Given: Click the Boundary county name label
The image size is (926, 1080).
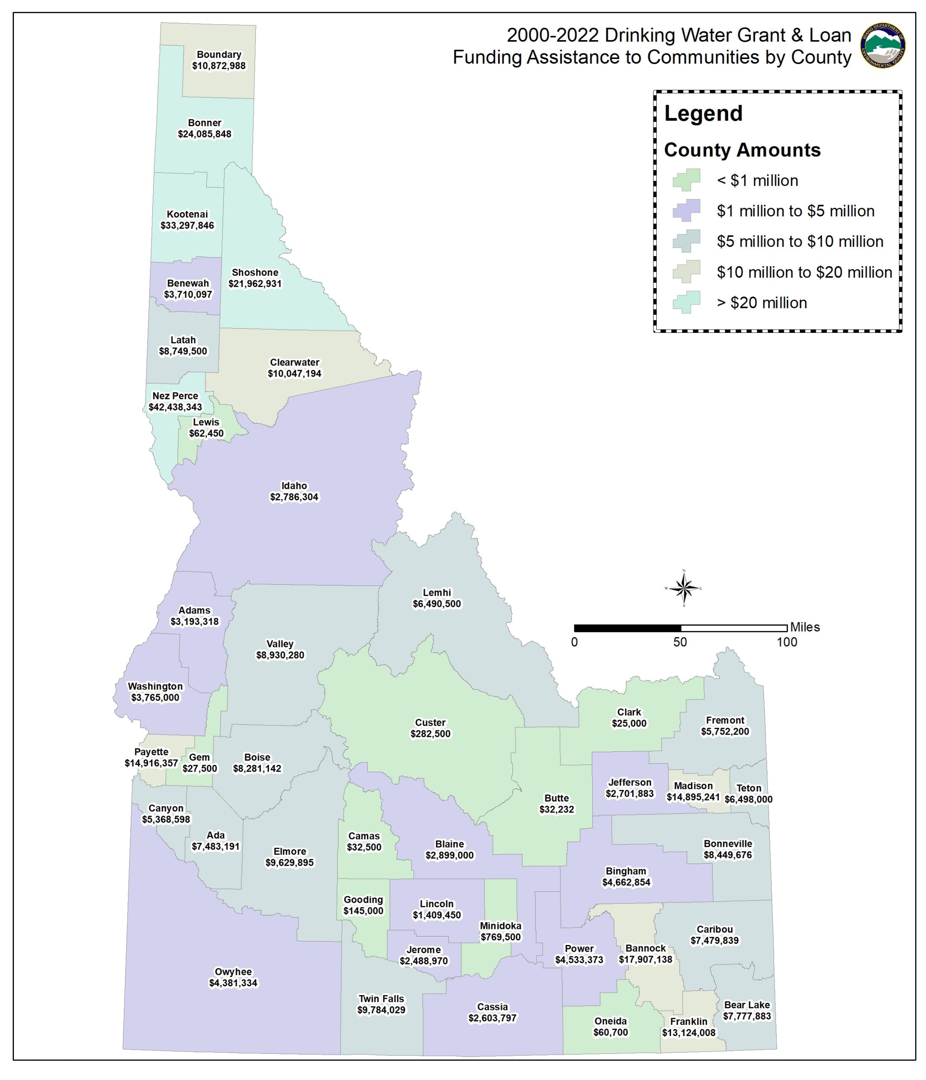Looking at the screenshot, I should point(219,55).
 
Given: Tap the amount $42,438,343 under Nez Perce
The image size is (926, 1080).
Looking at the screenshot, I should point(175,407).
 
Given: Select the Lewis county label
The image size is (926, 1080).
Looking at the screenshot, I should point(206,422).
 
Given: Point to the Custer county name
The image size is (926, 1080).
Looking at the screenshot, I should point(430,722).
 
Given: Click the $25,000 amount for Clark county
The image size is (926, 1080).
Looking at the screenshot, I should point(629,724).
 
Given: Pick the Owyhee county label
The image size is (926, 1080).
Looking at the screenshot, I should point(233,972).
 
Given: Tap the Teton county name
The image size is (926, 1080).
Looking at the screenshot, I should point(749,788).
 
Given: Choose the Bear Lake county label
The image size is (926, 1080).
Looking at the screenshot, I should point(747,1004).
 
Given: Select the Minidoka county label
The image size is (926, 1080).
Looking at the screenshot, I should point(501,926).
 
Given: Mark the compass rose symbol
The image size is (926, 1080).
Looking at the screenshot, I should point(684,589).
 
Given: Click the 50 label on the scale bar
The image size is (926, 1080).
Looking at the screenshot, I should point(680,642).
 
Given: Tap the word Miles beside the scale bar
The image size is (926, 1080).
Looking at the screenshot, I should point(805,627).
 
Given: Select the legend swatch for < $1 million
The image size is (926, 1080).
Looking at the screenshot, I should point(686,180).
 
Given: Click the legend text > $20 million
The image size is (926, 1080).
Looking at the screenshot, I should point(762,303).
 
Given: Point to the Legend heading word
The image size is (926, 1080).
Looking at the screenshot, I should point(703,113).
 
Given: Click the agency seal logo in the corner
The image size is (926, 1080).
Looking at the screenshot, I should point(883,46).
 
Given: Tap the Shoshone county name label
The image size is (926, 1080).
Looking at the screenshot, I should point(255,273).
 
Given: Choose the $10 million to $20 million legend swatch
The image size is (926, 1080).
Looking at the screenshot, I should point(686,272).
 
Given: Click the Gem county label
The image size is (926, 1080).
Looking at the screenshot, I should point(199,757).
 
